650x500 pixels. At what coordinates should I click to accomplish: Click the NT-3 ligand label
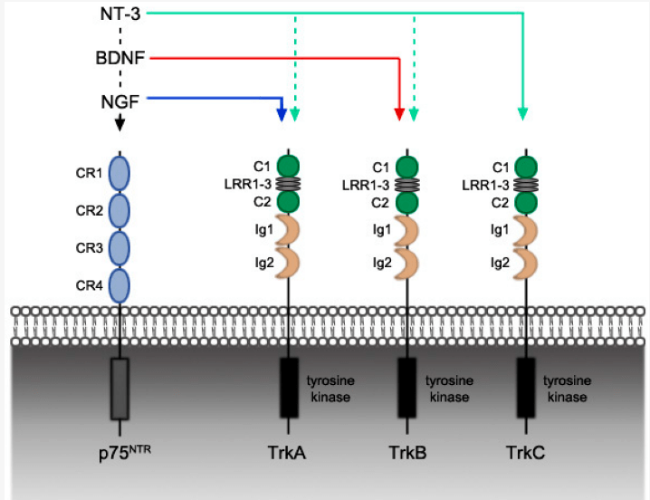click(x=120, y=14)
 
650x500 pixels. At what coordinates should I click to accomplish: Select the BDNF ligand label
click(x=120, y=59)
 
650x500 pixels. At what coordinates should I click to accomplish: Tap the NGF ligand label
click(x=119, y=101)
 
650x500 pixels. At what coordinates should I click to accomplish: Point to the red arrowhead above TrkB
click(x=399, y=114)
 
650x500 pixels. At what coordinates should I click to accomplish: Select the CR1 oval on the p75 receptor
click(x=119, y=171)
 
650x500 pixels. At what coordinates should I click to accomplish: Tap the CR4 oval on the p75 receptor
click(x=119, y=284)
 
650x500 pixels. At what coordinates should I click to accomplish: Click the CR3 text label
click(x=87, y=247)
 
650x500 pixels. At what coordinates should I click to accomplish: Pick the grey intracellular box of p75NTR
click(x=119, y=387)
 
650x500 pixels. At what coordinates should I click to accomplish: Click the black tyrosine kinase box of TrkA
click(x=288, y=387)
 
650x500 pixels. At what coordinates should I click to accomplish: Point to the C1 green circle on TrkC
click(x=525, y=166)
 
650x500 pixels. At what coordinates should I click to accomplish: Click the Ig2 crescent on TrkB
click(x=406, y=262)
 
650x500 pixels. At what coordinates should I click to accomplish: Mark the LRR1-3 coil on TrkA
click(x=288, y=184)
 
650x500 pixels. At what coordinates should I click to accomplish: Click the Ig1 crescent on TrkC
click(x=525, y=229)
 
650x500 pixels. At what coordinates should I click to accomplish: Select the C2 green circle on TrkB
click(x=406, y=200)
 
